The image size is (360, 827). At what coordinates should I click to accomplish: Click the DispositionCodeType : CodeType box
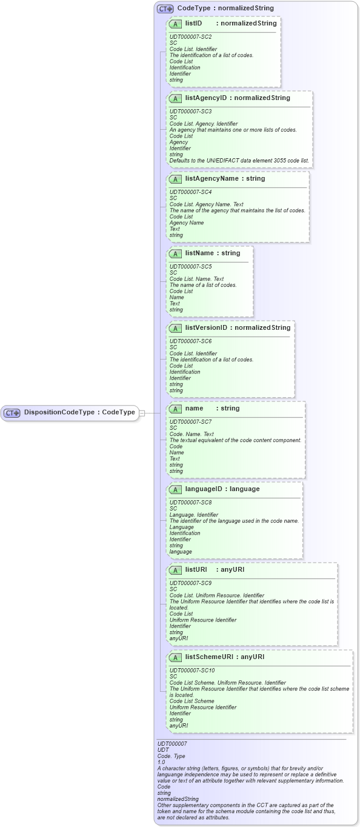coord(69,412)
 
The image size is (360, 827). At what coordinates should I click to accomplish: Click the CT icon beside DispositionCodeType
coord(12,413)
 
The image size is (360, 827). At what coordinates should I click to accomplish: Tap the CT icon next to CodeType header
coord(165,9)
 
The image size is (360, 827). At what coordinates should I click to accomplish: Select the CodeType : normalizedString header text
coord(225,9)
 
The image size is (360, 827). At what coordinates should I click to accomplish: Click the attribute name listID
coord(193,24)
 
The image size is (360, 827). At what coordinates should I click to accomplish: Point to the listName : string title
coord(213,253)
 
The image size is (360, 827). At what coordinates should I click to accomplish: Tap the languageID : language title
coord(222,489)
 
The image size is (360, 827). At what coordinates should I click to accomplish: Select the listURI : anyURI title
coord(215,570)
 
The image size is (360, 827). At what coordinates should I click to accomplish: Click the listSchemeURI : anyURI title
coord(225,657)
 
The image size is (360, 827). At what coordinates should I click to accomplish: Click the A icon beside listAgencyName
coord(175,179)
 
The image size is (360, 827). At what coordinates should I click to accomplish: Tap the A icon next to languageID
coord(175,490)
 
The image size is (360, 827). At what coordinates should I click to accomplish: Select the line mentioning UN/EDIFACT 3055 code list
coord(239,161)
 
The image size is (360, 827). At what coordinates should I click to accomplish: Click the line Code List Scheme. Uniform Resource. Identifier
coord(227,683)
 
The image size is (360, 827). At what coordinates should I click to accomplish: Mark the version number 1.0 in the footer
coord(161,762)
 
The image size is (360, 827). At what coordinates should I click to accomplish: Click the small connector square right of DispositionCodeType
coord(142,413)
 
